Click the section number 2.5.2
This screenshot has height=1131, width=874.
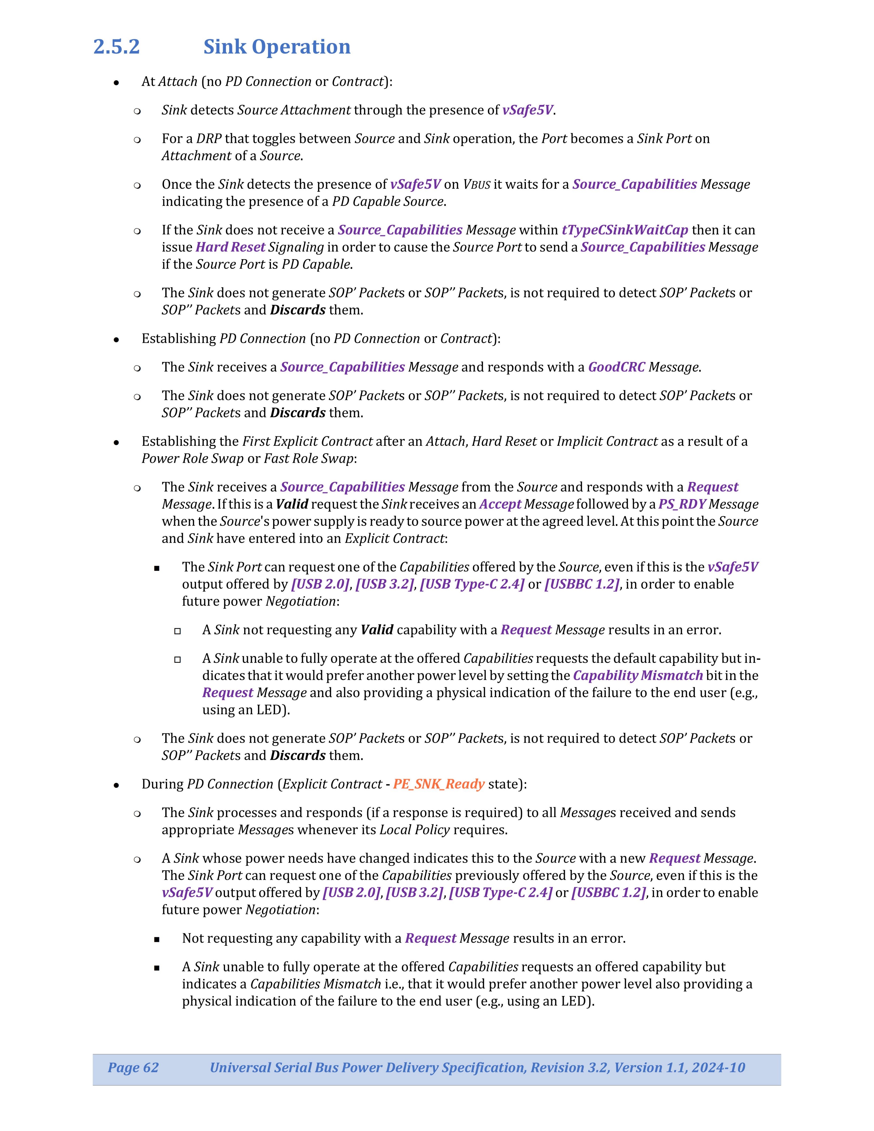116,47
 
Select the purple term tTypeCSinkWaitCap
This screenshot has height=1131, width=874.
624,230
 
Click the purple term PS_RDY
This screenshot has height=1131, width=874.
681,504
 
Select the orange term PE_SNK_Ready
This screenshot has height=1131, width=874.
439,784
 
